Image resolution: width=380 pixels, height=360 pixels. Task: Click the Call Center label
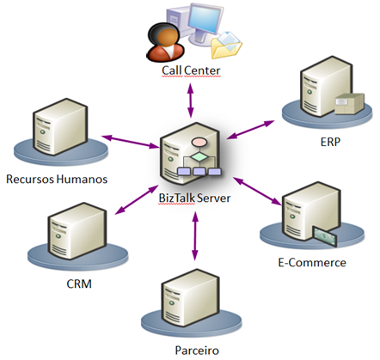(191, 70)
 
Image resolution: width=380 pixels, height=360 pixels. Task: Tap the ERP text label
(330, 142)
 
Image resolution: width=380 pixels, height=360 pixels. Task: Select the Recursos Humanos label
(57, 179)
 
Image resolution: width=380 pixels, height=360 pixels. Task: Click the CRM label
(79, 284)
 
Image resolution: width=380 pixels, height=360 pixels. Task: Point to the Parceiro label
(197, 351)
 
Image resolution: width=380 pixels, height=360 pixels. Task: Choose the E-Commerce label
(312, 263)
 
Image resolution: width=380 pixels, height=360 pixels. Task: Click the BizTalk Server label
(194, 198)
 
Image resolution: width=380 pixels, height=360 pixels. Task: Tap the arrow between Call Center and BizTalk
(191, 101)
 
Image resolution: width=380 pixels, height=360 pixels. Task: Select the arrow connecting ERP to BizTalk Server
(250, 130)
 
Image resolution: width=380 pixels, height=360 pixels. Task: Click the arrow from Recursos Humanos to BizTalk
(130, 142)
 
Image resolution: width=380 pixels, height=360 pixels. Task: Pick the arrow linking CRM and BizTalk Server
(137, 199)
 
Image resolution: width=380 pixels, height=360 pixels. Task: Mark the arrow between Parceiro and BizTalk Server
(195, 236)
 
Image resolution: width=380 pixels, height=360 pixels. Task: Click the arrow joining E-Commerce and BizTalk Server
(257, 191)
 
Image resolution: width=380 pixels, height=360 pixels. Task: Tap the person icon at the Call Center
(165, 42)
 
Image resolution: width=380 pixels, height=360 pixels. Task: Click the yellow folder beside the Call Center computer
(226, 46)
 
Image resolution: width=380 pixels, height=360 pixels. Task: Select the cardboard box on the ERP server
(349, 103)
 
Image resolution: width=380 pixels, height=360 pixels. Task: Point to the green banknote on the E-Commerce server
(325, 236)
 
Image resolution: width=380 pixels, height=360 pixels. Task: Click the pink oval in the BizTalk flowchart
(199, 143)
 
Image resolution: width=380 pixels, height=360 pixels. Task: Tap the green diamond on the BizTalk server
(199, 157)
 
